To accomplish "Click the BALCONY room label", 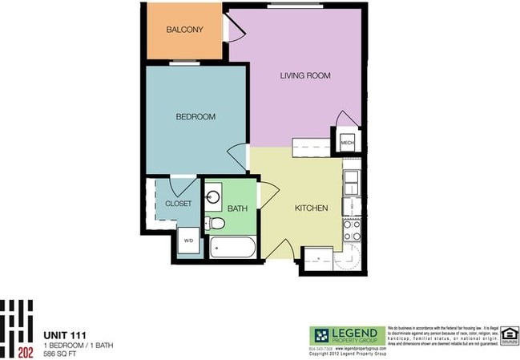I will coord(184,30).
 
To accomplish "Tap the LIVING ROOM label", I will coord(305,76).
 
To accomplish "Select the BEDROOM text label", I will coord(196,117).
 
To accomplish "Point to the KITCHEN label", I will coord(311,208).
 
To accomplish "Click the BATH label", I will coord(237,208).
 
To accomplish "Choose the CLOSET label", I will coord(178,204).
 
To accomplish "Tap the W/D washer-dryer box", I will coord(189,240).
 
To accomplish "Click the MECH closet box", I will coord(347,144).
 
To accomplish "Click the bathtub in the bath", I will coord(233,247).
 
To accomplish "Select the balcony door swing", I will coord(235,30).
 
